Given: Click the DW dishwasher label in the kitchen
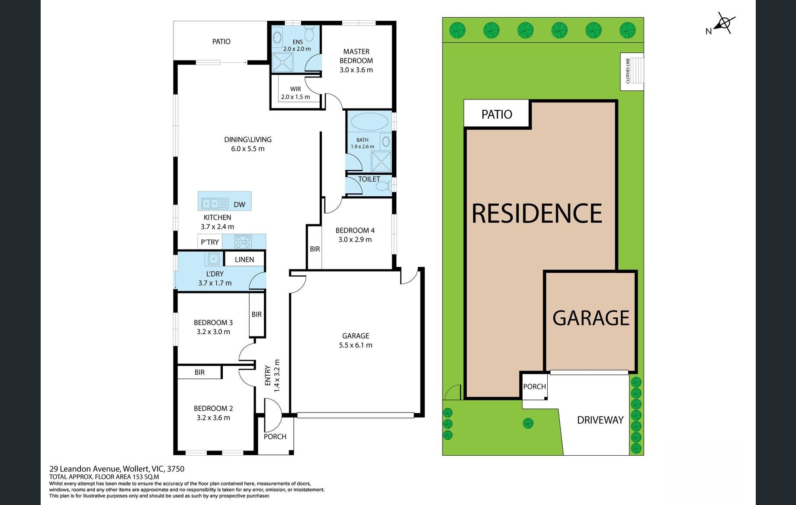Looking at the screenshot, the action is [x=239, y=205].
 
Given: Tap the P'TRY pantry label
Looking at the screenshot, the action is [x=210, y=242].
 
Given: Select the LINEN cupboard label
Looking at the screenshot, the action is [x=244, y=259].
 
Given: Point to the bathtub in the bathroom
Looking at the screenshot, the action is [x=369, y=121].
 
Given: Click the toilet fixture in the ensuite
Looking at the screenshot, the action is [x=309, y=33].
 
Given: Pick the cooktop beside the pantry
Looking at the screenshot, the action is [x=243, y=241].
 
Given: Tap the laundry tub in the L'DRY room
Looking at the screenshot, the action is [x=213, y=259].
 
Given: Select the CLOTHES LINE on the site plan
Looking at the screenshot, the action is [x=632, y=71].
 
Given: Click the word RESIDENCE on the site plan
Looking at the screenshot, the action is [x=537, y=213].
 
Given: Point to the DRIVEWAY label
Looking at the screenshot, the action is [x=600, y=420].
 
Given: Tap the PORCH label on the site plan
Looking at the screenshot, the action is [x=535, y=387].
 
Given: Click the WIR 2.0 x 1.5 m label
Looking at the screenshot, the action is [x=295, y=93].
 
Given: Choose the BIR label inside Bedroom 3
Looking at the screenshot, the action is [x=257, y=314].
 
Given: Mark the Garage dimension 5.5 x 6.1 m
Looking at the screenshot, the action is [x=356, y=345].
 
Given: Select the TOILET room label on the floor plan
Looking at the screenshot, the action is [x=369, y=179].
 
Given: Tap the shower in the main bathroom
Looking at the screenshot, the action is [x=381, y=161].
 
